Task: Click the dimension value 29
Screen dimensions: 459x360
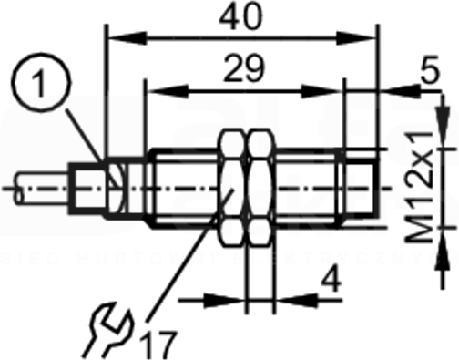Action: coord(244,69)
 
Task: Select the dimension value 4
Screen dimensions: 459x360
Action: coord(331,280)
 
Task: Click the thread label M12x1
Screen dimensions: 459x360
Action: coord(419,187)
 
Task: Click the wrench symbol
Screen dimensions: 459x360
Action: coord(108,330)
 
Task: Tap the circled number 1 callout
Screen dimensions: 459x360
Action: coord(41,83)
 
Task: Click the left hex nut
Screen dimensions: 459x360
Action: coord(233,189)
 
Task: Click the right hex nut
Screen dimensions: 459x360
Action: coord(260,189)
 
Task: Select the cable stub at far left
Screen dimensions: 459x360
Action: coord(41,189)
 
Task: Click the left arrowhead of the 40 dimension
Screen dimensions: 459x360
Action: coord(127,38)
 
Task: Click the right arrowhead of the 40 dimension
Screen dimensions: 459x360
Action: coord(356,38)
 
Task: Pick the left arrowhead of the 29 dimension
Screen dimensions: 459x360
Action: coord(167,91)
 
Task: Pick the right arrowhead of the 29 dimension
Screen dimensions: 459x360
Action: coord(321,91)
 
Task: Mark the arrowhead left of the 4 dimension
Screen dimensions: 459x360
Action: coord(224,300)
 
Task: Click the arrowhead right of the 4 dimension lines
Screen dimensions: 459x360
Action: coord(297,300)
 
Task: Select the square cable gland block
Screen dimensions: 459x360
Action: coord(87,189)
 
